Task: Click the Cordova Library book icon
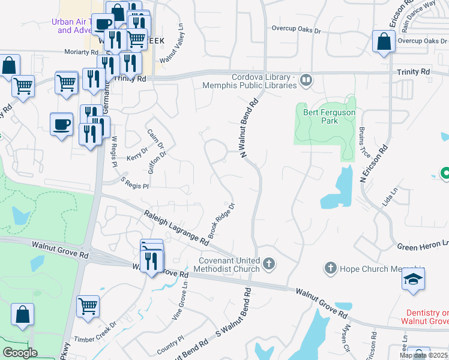click(306, 80)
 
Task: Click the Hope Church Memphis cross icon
click(330, 268)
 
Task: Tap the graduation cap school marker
click(414, 280)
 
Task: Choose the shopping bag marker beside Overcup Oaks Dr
click(383, 41)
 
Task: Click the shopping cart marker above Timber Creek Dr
click(88, 306)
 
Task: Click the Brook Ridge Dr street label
click(222, 214)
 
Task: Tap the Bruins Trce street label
click(362, 144)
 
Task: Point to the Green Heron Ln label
click(423, 245)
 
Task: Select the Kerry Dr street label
click(137, 155)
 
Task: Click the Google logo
click(20, 353)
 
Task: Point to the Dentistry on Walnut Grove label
click(427, 317)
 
